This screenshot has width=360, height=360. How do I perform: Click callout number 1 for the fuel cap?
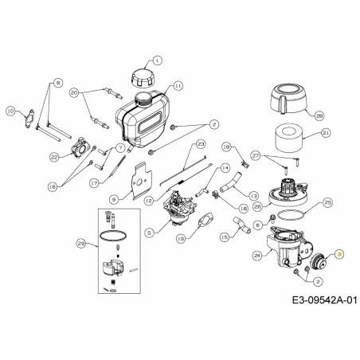[x=156, y=60]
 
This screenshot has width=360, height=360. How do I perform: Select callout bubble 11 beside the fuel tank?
[x=178, y=85]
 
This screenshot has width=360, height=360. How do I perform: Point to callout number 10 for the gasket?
[x=10, y=112]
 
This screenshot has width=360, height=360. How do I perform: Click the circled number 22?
[x=54, y=158]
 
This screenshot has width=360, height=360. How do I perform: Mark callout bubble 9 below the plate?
[x=114, y=198]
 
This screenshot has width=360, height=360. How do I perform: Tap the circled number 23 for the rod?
[x=201, y=144]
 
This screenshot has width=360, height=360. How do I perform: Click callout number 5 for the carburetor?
[x=149, y=233]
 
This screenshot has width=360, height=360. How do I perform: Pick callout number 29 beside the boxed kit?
[x=80, y=242]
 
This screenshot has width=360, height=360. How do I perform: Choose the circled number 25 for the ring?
[x=328, y=203]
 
